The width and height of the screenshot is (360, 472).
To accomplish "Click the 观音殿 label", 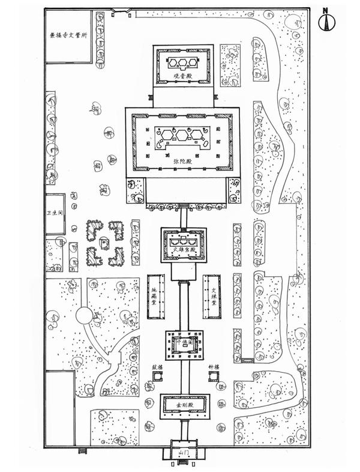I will (x=182, y=76).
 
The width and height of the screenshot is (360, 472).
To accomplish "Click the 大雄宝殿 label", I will (x=182, y=249).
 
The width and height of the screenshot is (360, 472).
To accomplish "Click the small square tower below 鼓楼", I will (x=158, y=377).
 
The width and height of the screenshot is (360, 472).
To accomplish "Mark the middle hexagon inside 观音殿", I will (x=182, y=63).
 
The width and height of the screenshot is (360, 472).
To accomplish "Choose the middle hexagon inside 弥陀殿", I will (x=182, y=133).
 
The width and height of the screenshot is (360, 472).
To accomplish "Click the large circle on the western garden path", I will (x=83, y=315).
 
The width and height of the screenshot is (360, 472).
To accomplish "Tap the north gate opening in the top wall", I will (x=121, y=10).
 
